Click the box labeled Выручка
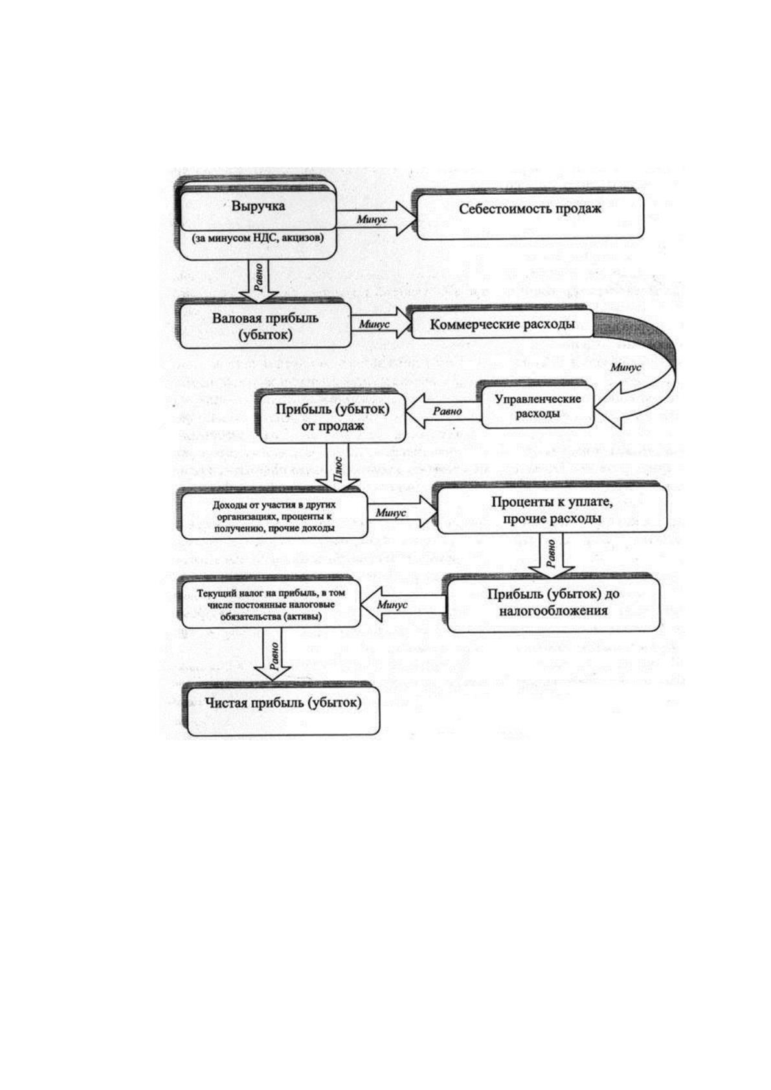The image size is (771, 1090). (258, 225)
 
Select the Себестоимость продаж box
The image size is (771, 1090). (529, 216)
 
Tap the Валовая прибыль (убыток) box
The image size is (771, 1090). (266, 325)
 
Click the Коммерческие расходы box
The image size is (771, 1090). (502, 324)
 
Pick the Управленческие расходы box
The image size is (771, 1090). (538, 406)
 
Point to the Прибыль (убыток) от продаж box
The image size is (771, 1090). (333, 418)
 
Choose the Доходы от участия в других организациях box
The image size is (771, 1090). (274, 515)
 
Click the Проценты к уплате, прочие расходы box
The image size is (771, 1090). (552, 509)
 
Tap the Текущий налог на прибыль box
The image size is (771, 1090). (271, 604)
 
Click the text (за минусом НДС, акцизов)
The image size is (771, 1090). (258, 238)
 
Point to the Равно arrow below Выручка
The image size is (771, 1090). (258, 282)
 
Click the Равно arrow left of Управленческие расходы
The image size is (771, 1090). (443, 411)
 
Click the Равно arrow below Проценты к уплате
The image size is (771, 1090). (552, 556)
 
